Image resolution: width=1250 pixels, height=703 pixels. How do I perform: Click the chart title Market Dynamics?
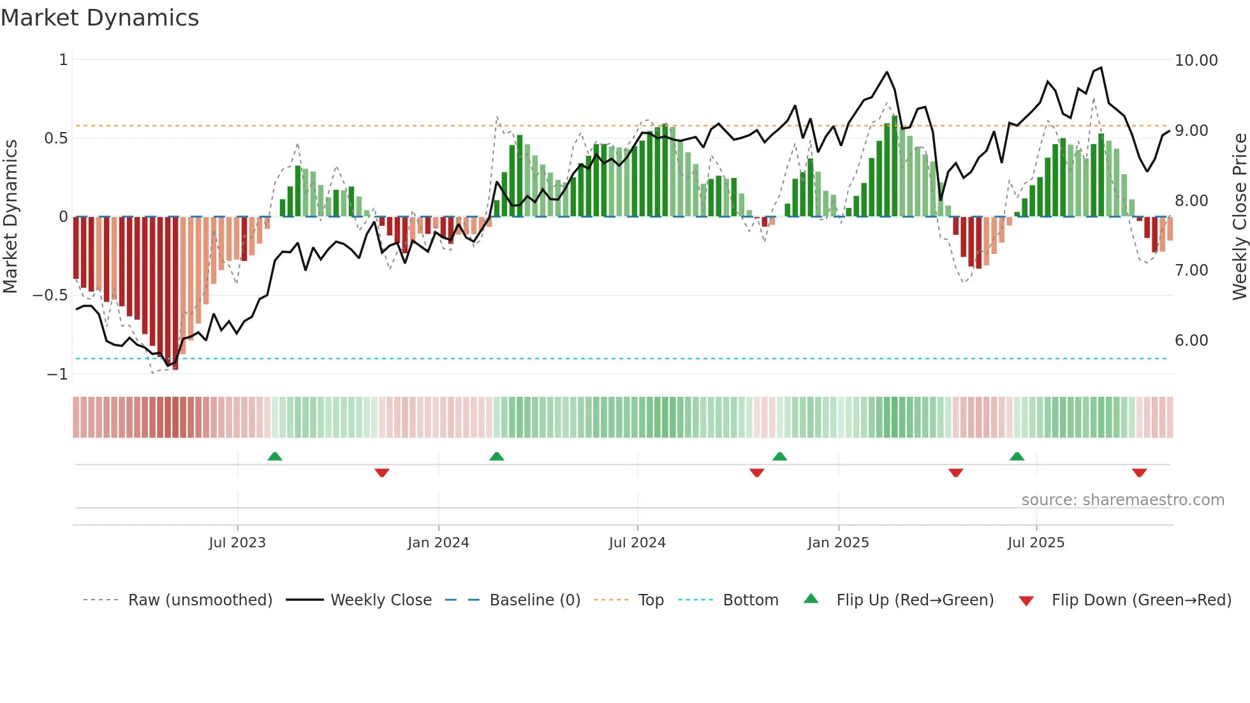click(x=100, y=18)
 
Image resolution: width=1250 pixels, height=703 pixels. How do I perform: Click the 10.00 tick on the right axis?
click(x=1196, y=61)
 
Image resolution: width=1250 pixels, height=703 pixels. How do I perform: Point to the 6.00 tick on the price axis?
click(x=1191, y=341)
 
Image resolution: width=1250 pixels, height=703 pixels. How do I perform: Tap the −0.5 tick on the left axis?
click(x=50, y=295)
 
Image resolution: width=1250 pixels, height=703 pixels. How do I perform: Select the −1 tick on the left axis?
click(x=57, y=374)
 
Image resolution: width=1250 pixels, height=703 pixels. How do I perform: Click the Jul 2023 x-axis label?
click(x=237, y=543)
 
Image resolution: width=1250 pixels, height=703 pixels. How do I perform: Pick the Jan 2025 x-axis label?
click(x=838, y=543)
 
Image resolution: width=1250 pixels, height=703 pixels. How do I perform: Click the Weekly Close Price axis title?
click(x=1239, y=217)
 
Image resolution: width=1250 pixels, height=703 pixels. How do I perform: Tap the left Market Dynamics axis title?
click(x=10, y=217)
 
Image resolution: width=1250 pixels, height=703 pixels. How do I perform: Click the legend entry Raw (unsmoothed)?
click(x=200, y=600)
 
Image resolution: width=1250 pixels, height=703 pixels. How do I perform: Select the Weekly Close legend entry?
click(x=381, y=600)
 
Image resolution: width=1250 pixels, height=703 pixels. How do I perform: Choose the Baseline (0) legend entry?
click(x=534, y=600)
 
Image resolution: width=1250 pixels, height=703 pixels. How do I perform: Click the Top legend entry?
click(x=651, y=600)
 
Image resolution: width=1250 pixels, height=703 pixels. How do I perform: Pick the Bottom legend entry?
click(x=750, y=600)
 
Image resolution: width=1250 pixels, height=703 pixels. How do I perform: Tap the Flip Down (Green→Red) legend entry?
click(x=1141, y=600)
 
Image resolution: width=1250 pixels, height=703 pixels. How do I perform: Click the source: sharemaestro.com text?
click(x=1122, y=500)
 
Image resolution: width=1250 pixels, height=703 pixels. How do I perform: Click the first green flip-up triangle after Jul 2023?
click(x=275, y=456)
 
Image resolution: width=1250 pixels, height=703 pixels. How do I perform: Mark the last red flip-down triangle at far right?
click(x=1139, y=473)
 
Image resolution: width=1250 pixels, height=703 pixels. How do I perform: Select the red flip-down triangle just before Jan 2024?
click(x=382, y=473)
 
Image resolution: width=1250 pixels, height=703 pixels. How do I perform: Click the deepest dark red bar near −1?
click(x=175, y=293)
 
